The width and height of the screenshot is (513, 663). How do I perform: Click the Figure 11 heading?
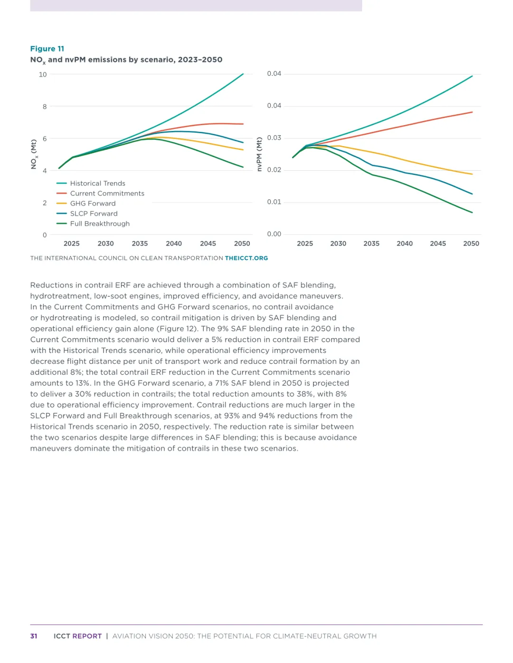click(47, 49)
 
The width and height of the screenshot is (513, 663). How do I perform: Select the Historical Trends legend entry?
click(97, 184)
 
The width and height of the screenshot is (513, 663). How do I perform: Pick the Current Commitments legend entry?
click(107, 193)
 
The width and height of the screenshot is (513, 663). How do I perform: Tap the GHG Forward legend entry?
click(93, 203)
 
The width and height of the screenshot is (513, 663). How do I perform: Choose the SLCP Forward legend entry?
click(94, 214)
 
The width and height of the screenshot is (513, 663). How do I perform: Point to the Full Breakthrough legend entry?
click(100, 224)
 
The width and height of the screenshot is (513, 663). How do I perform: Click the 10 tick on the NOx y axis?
click(43, 74)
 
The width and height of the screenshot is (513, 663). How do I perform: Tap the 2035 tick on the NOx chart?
click(140, 244)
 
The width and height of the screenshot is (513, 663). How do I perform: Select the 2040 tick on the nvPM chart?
click(405, 244)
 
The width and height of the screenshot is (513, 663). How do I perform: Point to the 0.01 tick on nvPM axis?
click(274, 202)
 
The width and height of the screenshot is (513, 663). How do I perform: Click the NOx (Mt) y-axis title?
click(34, 154)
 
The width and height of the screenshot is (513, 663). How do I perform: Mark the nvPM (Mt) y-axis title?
click(259, 154)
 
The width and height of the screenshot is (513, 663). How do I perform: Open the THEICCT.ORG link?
click(246, 258)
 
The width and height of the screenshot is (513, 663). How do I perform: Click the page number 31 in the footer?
click(34, 636)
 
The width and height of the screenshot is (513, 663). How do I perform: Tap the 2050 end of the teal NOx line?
click(243, 74)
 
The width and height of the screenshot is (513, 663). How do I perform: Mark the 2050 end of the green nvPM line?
click(472, 212)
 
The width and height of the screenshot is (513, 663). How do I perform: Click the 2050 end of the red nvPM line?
click(472, 112)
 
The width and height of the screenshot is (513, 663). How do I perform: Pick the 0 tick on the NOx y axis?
click(45, 235)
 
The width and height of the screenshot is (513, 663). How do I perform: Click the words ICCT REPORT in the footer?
click(77, 636)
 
